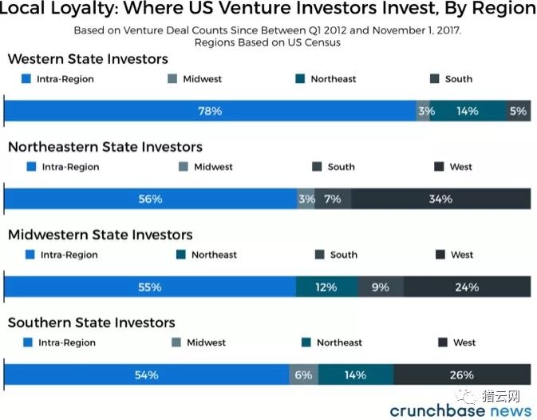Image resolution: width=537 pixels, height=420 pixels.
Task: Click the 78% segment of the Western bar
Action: pos(210,111)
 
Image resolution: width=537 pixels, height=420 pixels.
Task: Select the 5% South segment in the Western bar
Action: pos(519,111)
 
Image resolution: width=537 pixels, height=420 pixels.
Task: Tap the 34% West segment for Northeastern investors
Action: pos(441,199)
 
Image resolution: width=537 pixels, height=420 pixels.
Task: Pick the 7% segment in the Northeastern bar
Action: pos(333,199)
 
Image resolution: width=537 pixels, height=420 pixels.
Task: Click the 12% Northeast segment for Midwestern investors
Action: pos(326,287)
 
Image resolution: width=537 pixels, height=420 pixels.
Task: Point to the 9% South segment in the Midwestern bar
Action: pos(381,287)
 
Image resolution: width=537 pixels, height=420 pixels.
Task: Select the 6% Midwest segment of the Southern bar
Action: pos(304,374)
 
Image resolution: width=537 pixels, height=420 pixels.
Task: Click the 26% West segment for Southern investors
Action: pos(462,374)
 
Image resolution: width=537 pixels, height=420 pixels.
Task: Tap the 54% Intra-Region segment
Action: pos(147,374)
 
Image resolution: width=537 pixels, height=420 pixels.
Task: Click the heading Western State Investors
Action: pos(88,59)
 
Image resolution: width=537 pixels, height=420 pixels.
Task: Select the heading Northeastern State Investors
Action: pos(105,147)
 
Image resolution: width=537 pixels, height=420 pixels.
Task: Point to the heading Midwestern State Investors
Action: pos(101,235)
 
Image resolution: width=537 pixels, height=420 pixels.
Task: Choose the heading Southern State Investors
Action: pos(92,323)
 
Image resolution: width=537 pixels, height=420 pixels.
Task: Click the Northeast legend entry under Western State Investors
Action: pos(326,79)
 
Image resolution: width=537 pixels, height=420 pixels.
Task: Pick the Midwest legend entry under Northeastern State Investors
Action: pos(206,167)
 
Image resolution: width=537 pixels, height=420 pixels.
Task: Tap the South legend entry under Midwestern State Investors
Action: pos(336,255)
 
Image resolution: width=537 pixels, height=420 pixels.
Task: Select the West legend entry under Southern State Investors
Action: pos(457,343)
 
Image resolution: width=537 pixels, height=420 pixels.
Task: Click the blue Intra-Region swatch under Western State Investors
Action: pos(26,79)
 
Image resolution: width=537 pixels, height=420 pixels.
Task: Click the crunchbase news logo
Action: pos(460,410)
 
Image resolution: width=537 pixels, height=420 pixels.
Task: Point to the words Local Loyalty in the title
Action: pos(58,9)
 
